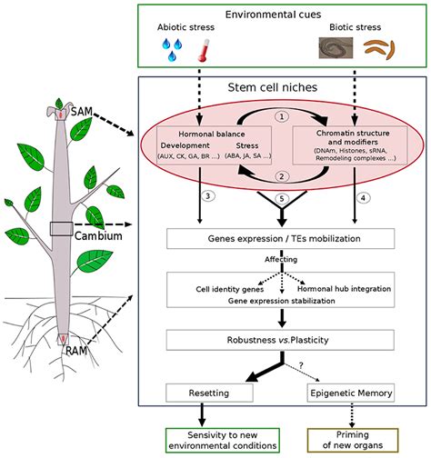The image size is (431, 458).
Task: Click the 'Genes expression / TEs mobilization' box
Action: pyautogui.click(x=281, y=240)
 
